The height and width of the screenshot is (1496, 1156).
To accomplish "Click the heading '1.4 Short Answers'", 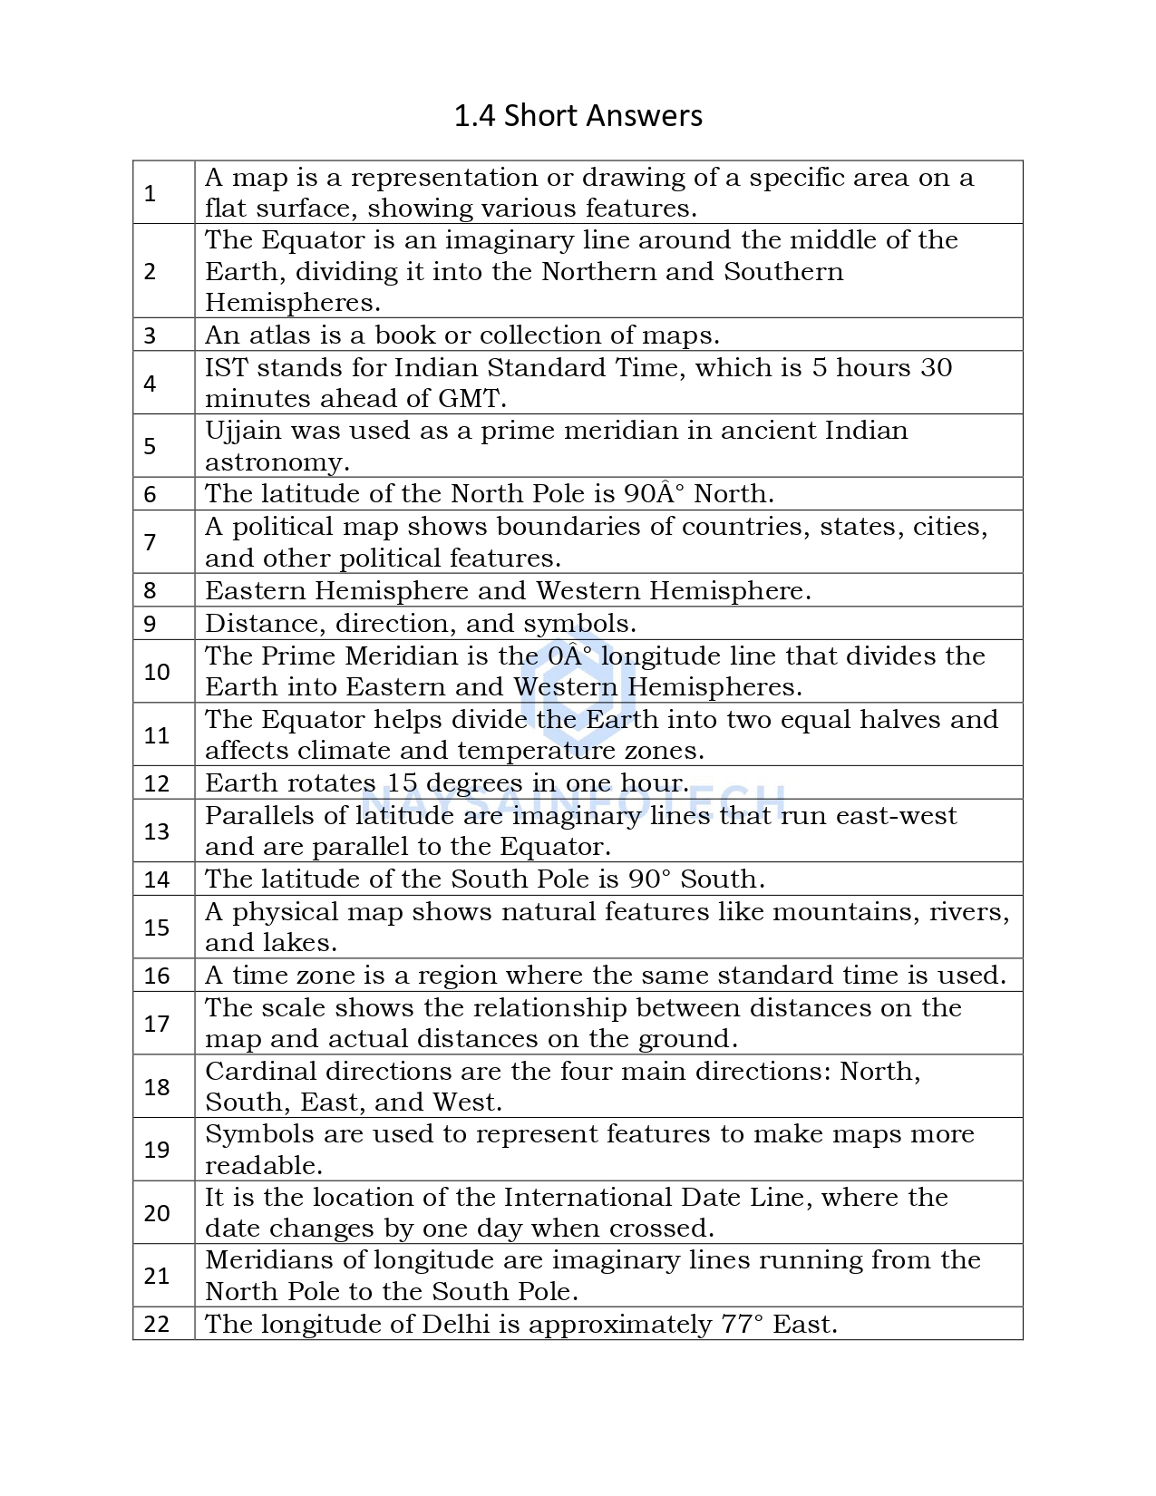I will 578,116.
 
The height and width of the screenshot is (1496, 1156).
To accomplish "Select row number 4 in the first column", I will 151,384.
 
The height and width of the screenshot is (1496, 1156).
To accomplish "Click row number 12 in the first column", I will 157,783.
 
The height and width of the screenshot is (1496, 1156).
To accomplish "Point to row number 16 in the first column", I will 157,976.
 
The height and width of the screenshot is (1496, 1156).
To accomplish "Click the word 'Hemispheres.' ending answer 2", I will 292,303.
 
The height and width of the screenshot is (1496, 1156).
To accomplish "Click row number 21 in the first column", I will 157,1277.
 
